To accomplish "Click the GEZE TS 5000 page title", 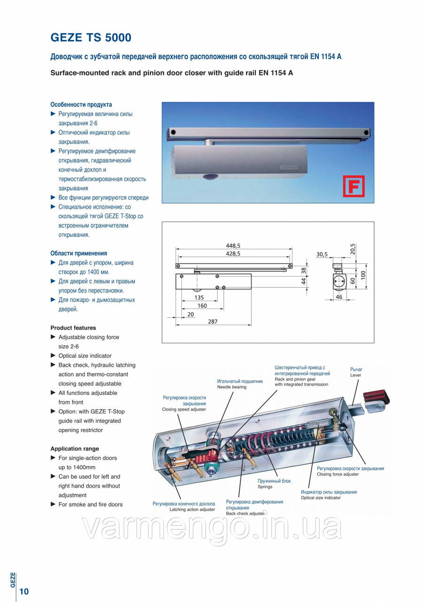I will [x=91, y=37].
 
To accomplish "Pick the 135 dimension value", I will [x=199, y=297].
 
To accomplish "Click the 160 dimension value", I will [x=203, y=305].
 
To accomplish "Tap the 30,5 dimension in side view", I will [x=322, y=254].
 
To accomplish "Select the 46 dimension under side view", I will [x=338, y=297].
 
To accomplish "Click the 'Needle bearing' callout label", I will [x=232, y=387].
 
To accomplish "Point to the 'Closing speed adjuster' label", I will [x=184, y=409].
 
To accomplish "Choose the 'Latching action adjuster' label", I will [x=192, y=509].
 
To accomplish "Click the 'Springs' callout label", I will [x=265, y=487].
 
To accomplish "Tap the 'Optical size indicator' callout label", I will [x=321, y=498].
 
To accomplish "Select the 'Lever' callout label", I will [x=355, y=375].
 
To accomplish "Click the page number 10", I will [x=24, y=591].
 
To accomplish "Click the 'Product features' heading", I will [x=73, y=328].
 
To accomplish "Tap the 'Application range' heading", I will [x=74, y=449].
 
